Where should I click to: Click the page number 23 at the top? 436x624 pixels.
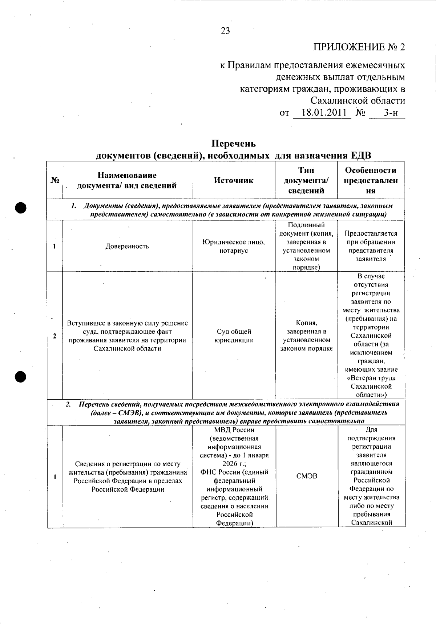coord(225,31)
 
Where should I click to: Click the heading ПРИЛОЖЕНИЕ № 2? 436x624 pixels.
coord(359,47)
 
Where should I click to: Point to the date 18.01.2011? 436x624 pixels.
coord(322,113)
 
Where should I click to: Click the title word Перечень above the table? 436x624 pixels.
coord(234,144)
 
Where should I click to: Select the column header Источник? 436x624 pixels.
coord(233,180)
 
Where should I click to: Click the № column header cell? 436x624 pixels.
coord(54,180)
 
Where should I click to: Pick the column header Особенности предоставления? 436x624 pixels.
coord(371,180)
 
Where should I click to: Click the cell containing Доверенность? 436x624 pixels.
coord(127,246)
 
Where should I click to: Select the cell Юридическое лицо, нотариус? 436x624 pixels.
coord(233,246)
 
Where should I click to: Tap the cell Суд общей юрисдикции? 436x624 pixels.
coord(234,336)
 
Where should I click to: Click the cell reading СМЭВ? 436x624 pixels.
coord(307,476)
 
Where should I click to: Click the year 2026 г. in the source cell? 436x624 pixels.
coord(234,464)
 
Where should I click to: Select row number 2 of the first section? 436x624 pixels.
coord(54,336)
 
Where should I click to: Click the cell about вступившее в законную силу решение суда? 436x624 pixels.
coord(127,336)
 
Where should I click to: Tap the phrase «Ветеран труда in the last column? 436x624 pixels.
coord(371,378)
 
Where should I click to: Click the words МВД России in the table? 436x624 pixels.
coord(234,430)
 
